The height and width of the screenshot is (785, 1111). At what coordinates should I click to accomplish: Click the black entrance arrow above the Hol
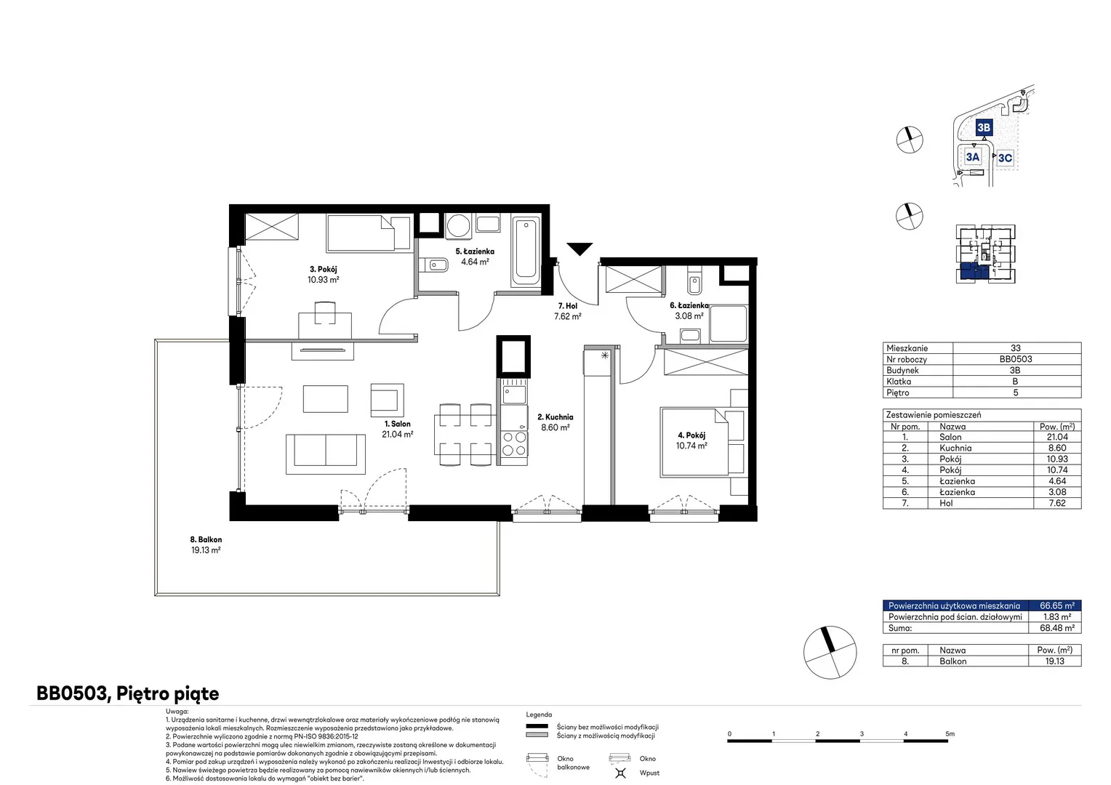click(579, 249)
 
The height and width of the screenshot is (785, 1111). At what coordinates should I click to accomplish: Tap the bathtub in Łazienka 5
click(526, 251)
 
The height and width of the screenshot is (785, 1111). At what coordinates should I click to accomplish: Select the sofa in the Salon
click(325, 454)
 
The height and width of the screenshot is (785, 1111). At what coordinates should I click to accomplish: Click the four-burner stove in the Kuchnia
click(514, 444)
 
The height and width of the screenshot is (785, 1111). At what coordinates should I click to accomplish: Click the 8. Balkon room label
click(206, 539)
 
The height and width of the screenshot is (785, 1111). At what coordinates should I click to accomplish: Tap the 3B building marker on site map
click(984, 127)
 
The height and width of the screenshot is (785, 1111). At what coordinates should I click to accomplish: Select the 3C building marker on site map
click(1005, 158)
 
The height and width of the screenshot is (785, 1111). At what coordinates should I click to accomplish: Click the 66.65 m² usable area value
click(1057, 605)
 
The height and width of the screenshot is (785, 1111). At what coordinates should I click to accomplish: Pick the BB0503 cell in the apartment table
click(1015, 359)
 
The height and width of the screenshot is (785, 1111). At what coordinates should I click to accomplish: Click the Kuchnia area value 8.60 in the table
click(1057, 448)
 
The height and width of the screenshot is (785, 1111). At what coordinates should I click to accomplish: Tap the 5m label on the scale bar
click(950, 733)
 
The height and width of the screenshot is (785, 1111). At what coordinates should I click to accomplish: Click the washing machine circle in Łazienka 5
click(458, 226)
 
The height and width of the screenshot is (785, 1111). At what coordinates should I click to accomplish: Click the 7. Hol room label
click(567, 306)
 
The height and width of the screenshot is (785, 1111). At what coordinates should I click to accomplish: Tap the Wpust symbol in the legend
click(620, 773)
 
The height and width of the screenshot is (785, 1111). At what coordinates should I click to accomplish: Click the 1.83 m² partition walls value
click(1057, 617)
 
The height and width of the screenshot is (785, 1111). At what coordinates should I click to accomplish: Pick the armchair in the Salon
click(387, 400)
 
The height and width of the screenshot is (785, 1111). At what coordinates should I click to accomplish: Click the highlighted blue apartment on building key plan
click(974, 272)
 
